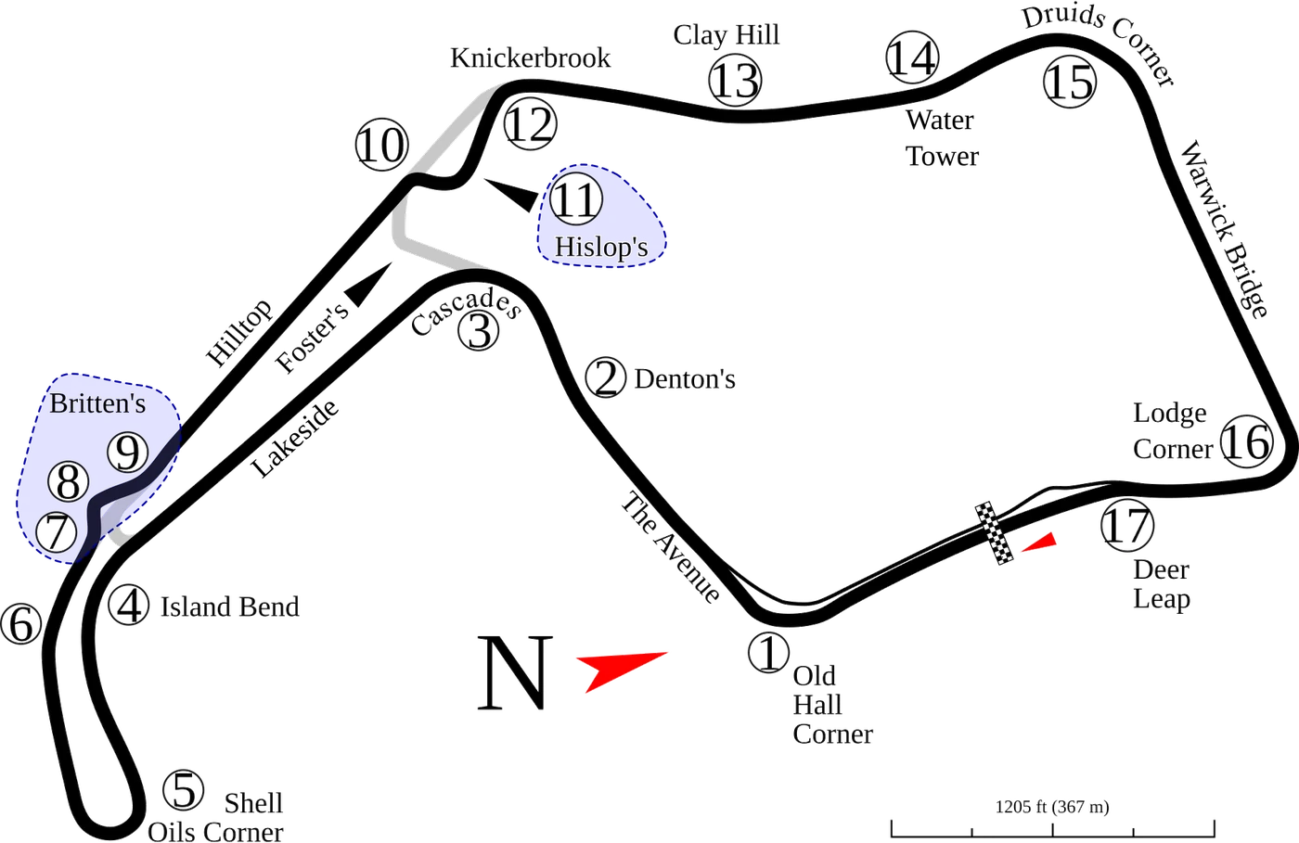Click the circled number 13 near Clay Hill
(735, 81)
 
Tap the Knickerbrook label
(530, 58)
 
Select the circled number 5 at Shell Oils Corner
(184, 790)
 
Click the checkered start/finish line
(994, 533)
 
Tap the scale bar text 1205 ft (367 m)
(1052, 807)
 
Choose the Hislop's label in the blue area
(601, 247)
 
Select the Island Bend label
(230, 607)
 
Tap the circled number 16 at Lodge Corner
(1247, 441)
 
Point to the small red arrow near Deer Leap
(1040, 543)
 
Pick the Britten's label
(97, 403)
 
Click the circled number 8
(69, 482)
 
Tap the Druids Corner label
(1099, 44)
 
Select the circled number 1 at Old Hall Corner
(768, 652)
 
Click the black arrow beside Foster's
(369, 284)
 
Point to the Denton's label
(685, 379)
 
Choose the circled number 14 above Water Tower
(912, 57)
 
